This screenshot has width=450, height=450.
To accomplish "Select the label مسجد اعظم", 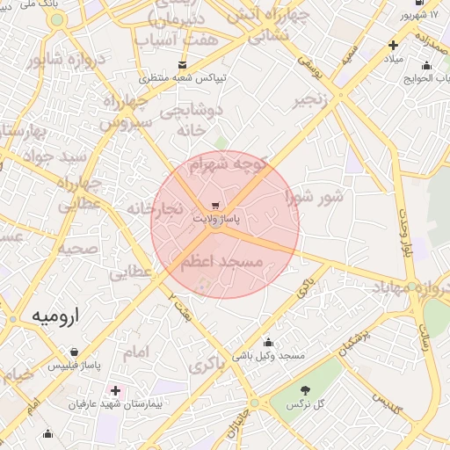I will (x=222, y=262).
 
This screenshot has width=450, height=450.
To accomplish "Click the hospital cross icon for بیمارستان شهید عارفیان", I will (x=115, y=390).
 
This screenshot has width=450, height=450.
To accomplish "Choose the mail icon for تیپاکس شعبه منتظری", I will (x=183, y=65).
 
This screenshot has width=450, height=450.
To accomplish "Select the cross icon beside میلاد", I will (x=393, y=45).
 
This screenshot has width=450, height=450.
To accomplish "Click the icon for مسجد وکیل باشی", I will (x=268, y=342).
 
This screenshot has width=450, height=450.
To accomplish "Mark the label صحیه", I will (x=78, y=249).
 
